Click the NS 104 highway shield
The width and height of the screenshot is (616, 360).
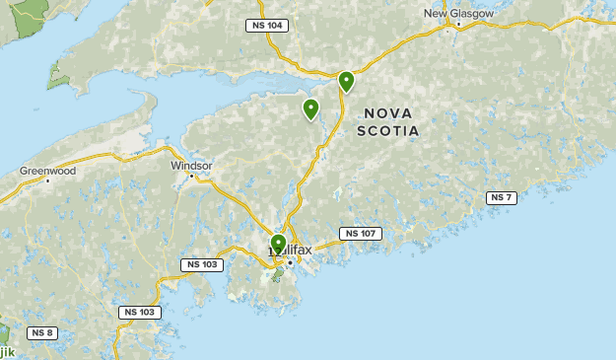[267, 26]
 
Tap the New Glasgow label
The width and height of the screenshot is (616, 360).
[457, 14]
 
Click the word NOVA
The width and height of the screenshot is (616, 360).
[388, 112]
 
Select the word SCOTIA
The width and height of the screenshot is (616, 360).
[388, 130]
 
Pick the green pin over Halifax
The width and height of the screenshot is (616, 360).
[278, 243]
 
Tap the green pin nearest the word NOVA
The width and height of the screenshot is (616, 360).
[346, 81]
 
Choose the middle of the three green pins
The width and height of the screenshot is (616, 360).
[310, 108]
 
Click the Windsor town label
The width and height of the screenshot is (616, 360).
[191, 166]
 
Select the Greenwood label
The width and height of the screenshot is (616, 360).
[47, 171]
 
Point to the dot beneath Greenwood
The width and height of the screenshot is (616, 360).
[47, 180]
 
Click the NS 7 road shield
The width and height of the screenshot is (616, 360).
[501, 198]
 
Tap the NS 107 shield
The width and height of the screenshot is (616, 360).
[361, 234]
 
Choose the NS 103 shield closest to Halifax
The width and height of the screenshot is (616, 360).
[202, 264]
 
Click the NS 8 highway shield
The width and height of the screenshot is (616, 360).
[42, 332]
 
